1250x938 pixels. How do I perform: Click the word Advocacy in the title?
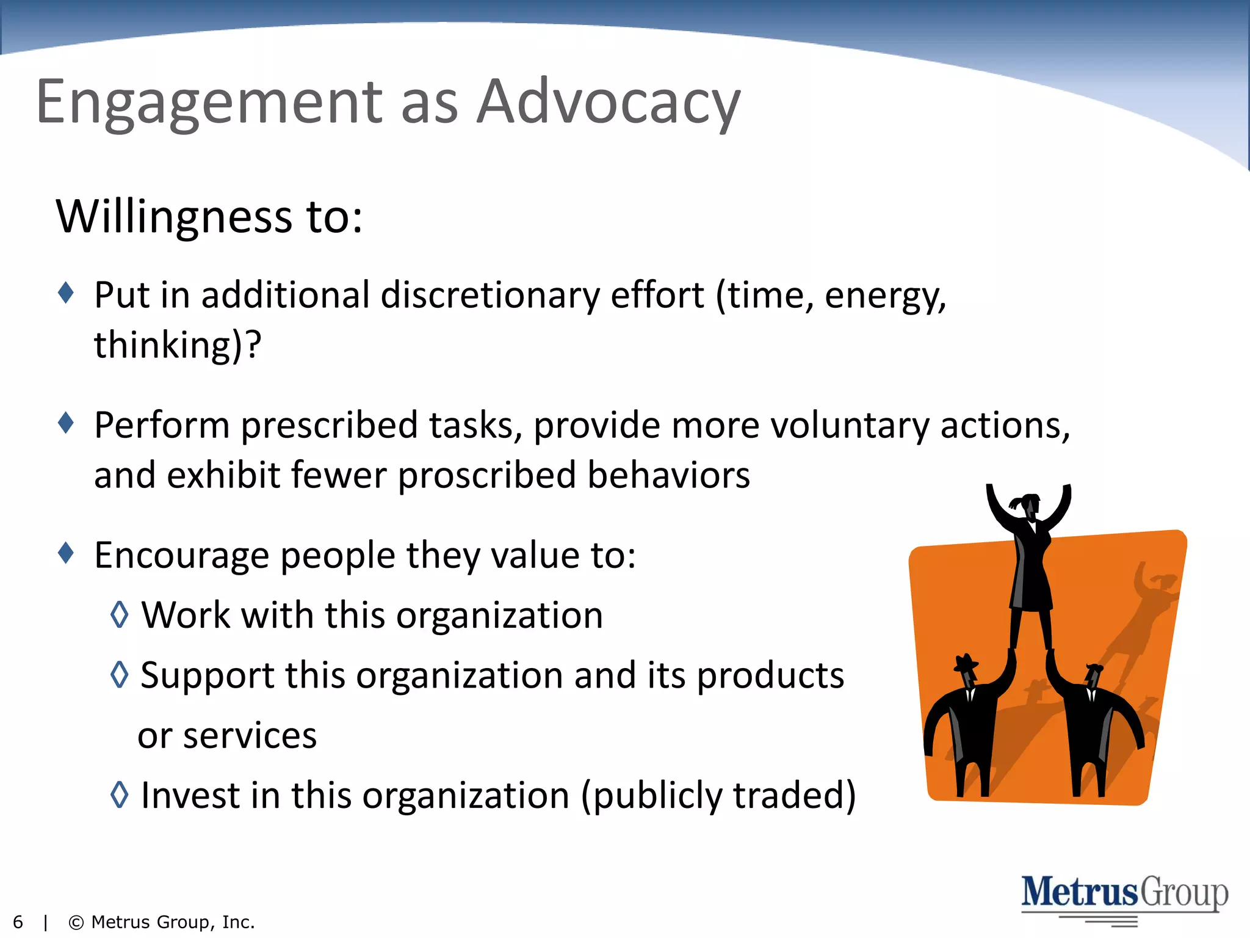pos(608,103)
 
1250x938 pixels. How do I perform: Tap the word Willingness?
pos(174,217)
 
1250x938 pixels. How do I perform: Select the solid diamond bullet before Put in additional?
pos(66,293)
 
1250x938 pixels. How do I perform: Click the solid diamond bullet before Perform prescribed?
pos(66,423)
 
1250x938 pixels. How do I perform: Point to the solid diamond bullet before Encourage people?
pos(66,553)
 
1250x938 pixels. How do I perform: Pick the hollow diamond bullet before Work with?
pos(120,614)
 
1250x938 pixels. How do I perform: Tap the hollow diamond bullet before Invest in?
pos(120,794)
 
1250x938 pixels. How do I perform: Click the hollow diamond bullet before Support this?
pos(120,674)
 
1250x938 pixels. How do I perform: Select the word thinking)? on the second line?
pos(177,346)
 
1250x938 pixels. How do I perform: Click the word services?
pos(250,735)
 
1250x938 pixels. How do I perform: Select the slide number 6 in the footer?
pos(18,922)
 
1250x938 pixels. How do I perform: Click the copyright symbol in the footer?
pos(76,922)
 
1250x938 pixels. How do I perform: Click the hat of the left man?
pos(965,663)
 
